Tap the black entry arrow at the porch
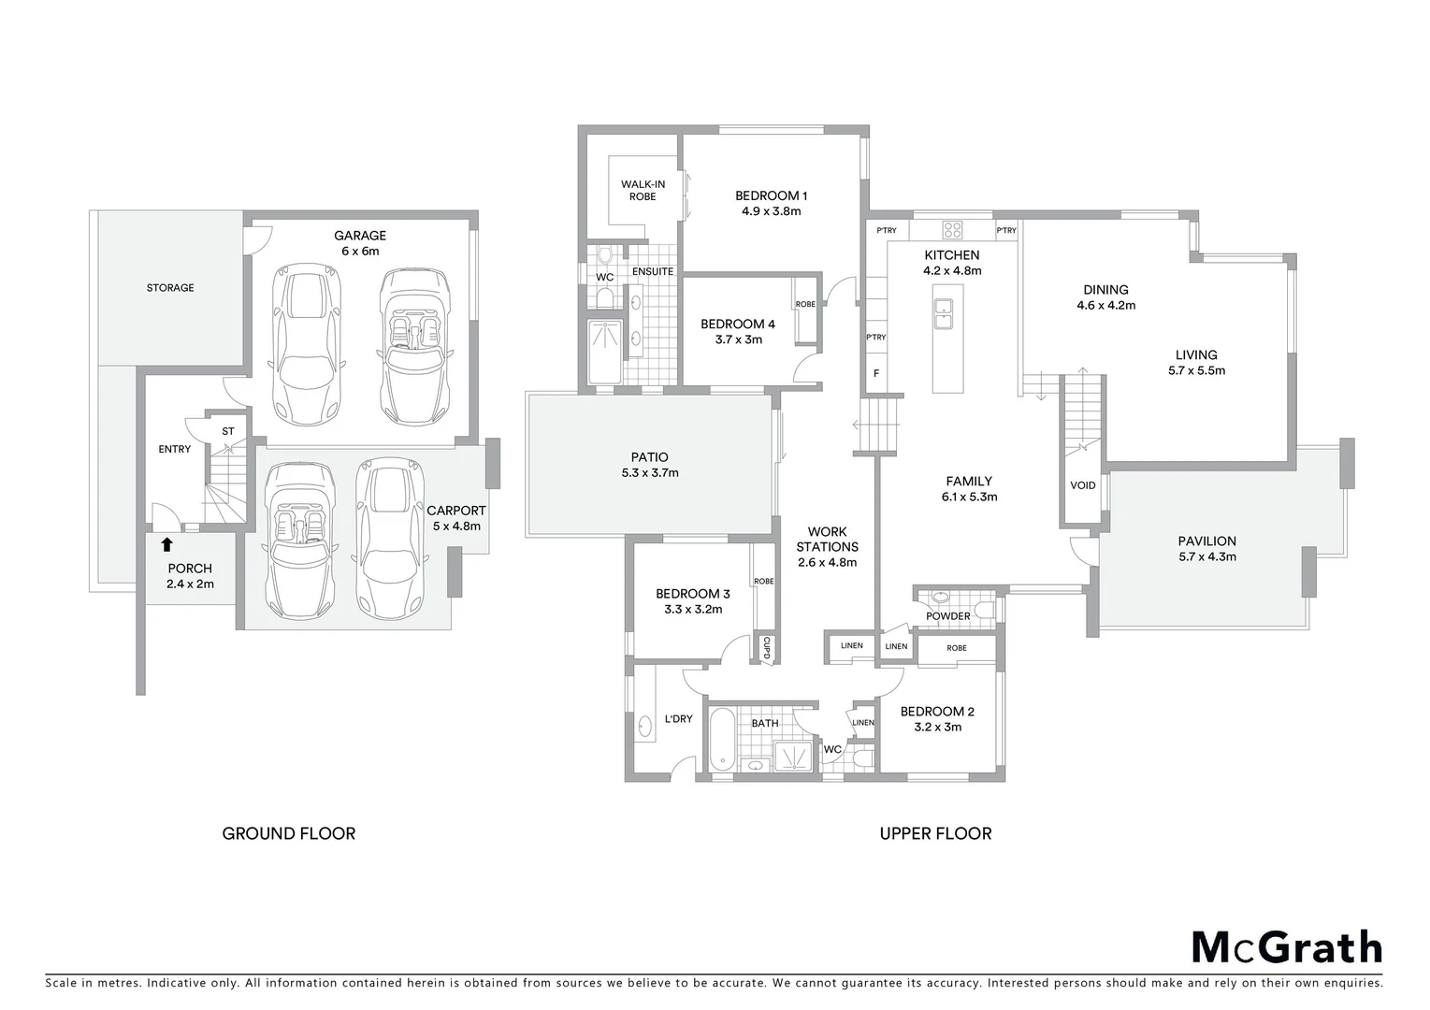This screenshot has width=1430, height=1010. point(167,544)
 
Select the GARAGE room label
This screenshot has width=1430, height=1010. point(360,236)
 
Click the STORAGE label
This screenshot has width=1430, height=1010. point(170,288)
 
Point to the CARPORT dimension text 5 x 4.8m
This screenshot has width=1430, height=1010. point(456,527)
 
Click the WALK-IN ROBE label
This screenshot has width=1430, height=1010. point(643,191)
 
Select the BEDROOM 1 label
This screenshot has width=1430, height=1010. point(771,195)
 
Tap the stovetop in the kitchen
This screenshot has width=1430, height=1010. point(953,230)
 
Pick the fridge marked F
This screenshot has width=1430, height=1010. point(876,373)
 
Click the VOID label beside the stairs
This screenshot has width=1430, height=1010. point(1082,485)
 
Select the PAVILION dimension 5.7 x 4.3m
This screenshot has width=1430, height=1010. point(1206,556)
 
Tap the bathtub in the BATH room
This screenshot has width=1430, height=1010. point(721,739)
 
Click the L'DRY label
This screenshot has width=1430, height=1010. point(678,719)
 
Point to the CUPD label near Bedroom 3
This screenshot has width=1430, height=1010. point(766,648)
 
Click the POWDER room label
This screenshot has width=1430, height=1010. point(947,616)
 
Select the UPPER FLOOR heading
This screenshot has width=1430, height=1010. point(935,833)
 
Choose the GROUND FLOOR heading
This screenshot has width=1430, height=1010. point(288,833)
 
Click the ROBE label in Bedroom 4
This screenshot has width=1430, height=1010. point(804,305)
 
